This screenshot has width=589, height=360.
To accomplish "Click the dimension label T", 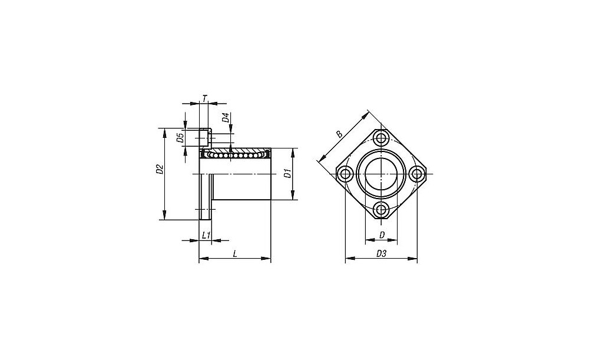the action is (204, 98).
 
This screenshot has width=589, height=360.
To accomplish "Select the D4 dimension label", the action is (226, 118).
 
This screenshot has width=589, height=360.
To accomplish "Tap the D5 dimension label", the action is (180, 138).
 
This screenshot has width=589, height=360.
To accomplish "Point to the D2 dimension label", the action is (160, 170).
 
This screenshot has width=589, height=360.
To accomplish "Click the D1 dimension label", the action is (287, 174).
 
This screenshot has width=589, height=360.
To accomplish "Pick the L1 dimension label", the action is (206, 236).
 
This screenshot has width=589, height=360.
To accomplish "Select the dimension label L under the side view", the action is (235, 254).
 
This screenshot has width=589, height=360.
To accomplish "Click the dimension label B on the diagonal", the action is (339, 134).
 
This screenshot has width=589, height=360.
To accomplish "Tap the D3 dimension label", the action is (381, 254).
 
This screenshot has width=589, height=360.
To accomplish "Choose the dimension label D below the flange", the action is (382, 235).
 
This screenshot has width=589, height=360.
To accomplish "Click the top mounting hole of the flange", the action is (381, 138).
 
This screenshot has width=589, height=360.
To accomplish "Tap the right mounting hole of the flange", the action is (417, 174).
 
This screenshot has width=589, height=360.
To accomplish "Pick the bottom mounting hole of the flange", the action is (381, 210).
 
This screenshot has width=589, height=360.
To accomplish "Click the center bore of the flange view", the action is (381, 174).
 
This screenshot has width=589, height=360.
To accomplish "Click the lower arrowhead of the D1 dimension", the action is (293, 196).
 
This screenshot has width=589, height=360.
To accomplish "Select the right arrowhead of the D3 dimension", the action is (413, 259).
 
